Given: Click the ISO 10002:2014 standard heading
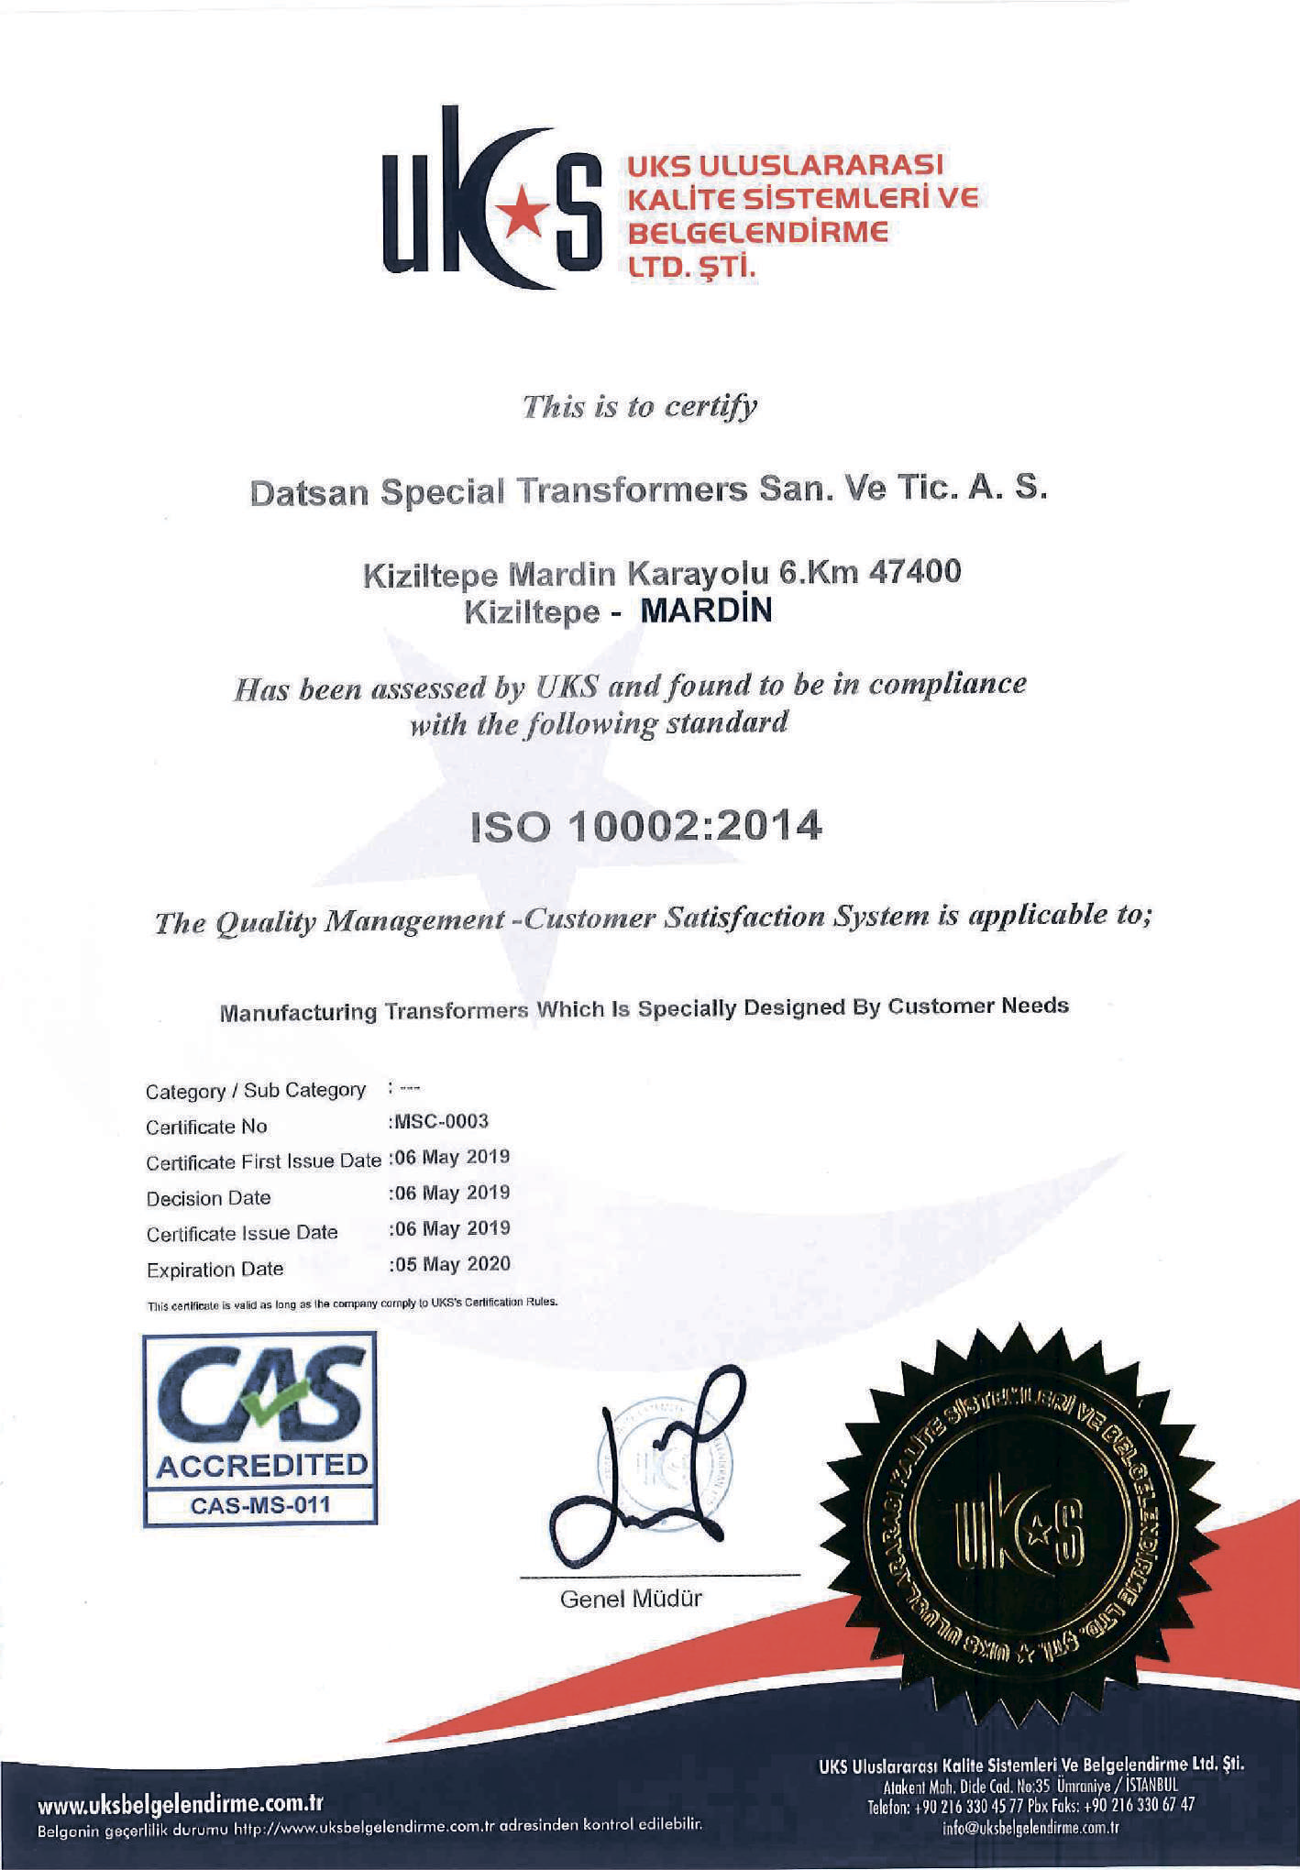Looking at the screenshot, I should (646, 829).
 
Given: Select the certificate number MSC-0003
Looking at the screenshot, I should (441, 1121).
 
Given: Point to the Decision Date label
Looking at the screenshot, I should (208, 1198).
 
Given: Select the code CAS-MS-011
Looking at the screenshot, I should (260, 1504).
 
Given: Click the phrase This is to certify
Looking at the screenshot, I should (640, 406).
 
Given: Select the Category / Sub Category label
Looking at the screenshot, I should (255, 1091).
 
